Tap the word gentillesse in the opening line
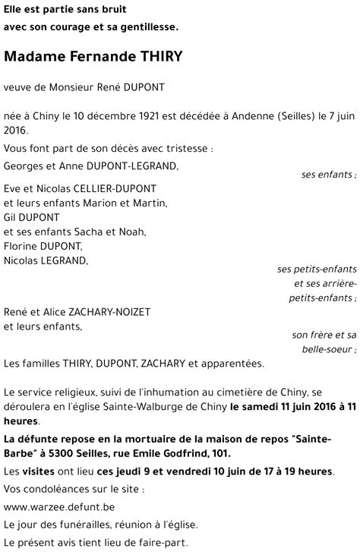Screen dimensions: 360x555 149,27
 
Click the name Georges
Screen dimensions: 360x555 22,165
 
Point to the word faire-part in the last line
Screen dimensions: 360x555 163,542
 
